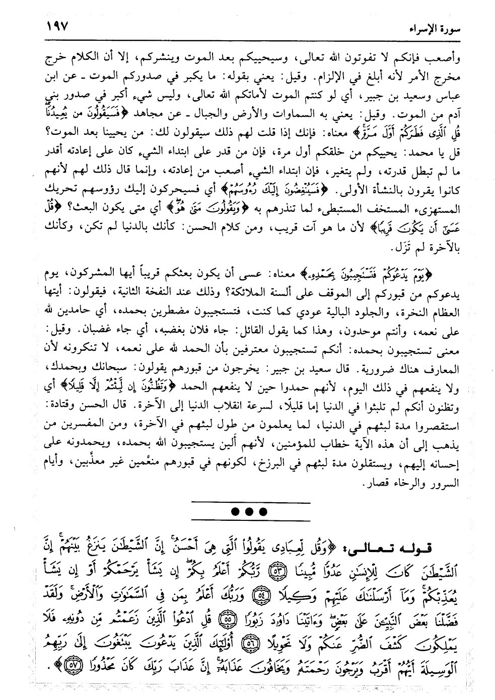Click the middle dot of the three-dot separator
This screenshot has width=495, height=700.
249,511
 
